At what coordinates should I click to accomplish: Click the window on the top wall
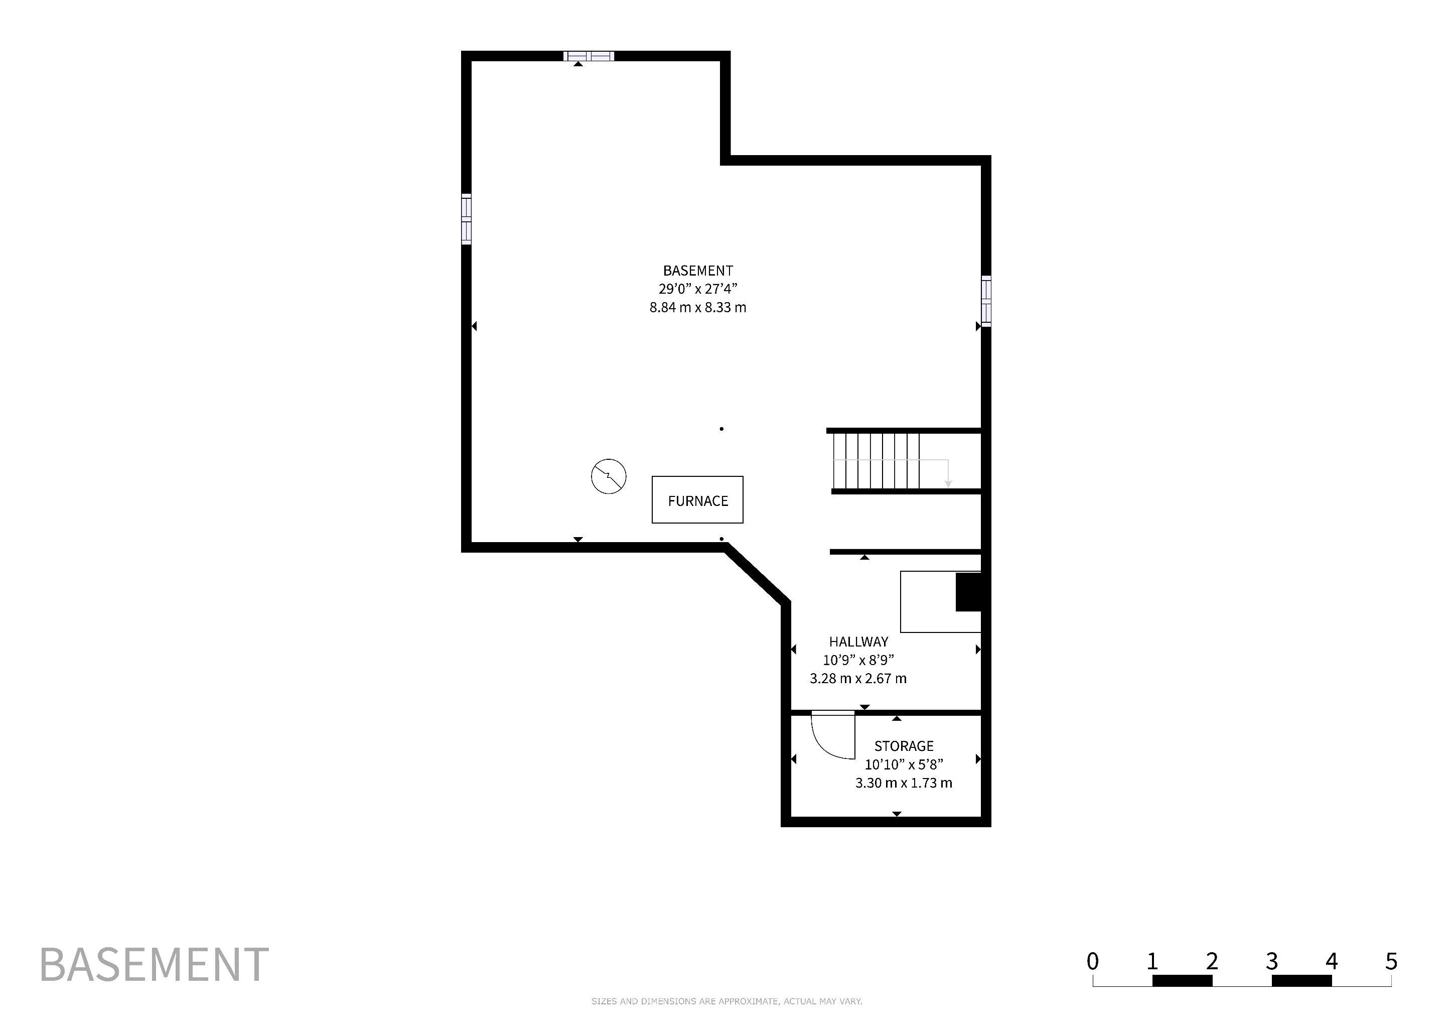click(589, 56)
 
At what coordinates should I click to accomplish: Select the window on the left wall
click(467, 219)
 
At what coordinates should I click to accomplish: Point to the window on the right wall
click(986, 301)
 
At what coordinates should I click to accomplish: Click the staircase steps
click(876, 461)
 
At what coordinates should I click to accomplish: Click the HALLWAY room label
click(859, 641)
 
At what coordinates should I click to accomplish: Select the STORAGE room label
click(904, 746)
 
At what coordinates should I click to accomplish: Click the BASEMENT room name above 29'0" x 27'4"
click(698, 270)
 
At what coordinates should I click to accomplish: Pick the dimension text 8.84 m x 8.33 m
click(698, 308)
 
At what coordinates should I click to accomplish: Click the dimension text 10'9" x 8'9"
click(858, 660)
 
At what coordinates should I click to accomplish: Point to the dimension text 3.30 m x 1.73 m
click(904, 783)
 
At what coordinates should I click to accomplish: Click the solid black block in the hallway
click(968, 592)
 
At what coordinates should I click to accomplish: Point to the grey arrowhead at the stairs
click(948, 483)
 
